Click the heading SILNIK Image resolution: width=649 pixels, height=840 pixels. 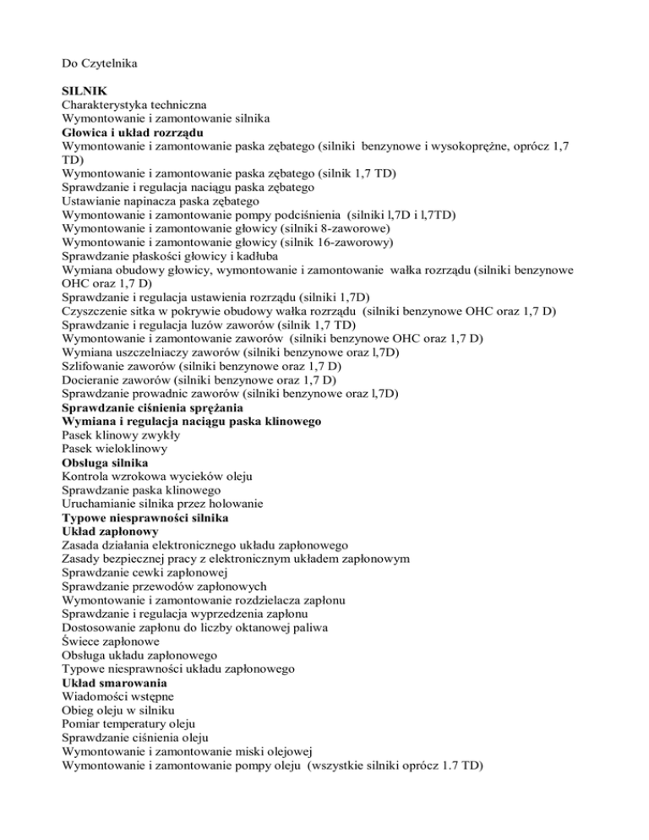(84, 89)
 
